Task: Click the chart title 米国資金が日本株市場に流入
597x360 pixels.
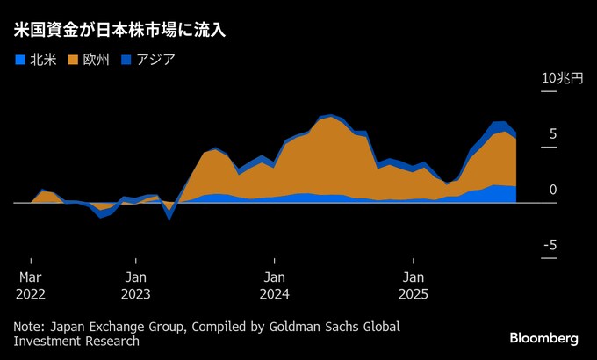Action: click(x=120, y=31)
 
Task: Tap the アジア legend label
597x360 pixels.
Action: click(x=155, y=60)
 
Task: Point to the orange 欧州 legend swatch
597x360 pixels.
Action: click(x=73, y=60)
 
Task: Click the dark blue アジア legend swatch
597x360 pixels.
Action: click(x=125, y=60)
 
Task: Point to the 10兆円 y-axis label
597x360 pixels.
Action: click(x=562, y=78)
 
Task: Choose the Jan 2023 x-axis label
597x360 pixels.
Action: click(x=136, y=284)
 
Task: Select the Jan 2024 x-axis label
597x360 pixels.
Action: click(x=274, y=284)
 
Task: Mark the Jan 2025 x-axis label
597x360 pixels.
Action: click(x=414, y=284)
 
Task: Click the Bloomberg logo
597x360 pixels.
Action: click(x=543, y=338)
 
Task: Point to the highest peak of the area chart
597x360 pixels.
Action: click(x=329, y=115)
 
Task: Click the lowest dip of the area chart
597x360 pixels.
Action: click(x=169, y=218)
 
